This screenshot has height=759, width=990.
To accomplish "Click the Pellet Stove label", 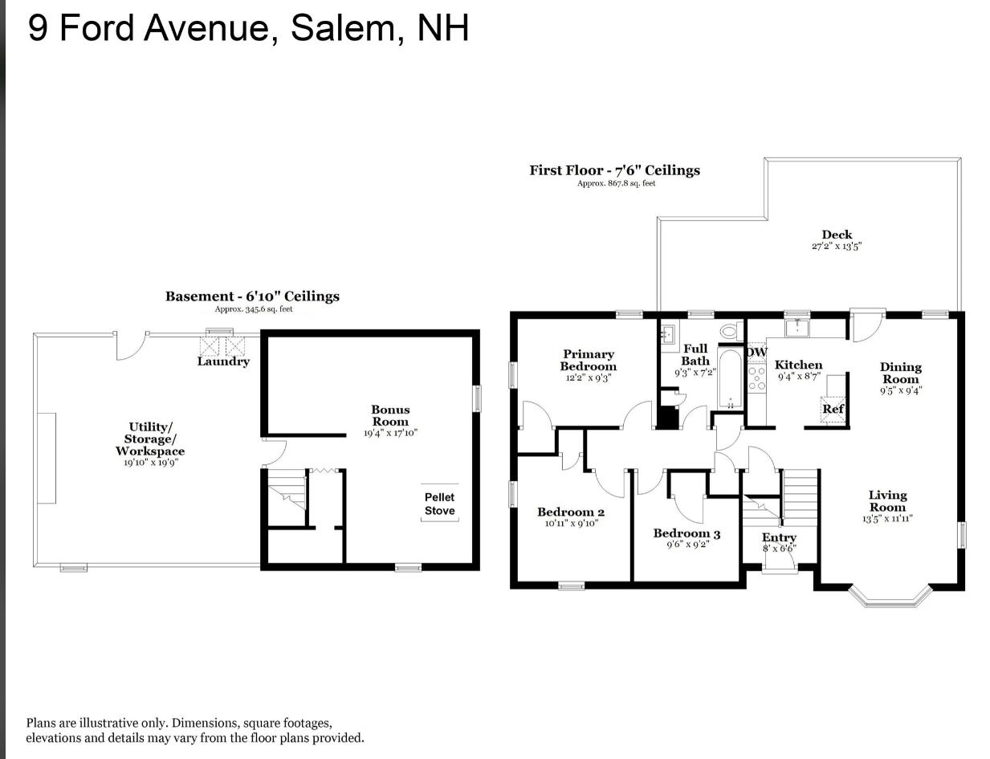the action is pyautogui.click(x=439, y=504).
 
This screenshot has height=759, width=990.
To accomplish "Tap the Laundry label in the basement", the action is pyautogui.click(x=223, y=361).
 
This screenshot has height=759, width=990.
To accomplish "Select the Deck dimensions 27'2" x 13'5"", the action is pyautogui.click(x=837, y=247).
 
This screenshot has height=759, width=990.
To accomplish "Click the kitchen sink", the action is pyautogui.click(x=796, y=328).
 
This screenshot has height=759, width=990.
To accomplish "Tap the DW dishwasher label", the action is pyautogui.click(x=756, y=352).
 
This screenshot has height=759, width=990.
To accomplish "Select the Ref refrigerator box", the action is pyautogui.click(x=833, y=410).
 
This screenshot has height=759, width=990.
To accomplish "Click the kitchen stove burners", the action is pyautogui.click(x=756, y=378).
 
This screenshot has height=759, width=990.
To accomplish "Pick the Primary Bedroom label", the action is pyautogui.click(x=589, y=360).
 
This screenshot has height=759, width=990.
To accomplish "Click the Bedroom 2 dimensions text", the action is pyautogui.click(x=572, y=524).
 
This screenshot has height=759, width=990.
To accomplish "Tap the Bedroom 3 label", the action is pyautogui.click(x=686, y=533).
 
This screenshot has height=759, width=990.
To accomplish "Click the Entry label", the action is pyautogui.click(x=779, y=537).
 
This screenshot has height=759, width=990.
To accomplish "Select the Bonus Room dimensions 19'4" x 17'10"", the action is pyautogui.click(x=390, y=433).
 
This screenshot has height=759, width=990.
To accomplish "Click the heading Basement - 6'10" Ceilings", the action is pyautogui.click(x=252, y=296).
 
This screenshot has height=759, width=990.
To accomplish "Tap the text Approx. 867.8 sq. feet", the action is pyautogui.click(x=616, y=184).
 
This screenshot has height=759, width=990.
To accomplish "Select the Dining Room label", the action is pyautogui.click(x=900, y=373).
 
